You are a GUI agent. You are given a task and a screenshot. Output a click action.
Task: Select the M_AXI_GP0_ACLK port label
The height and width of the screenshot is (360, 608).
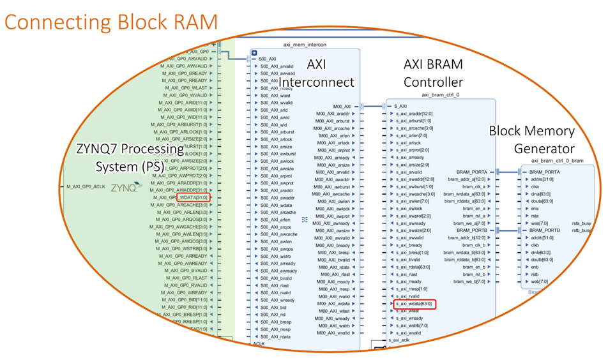coord(86,187)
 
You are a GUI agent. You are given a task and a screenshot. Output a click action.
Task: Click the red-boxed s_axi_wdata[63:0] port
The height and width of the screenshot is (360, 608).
coord(414,304)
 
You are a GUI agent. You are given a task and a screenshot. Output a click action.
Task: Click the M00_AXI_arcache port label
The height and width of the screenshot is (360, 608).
coord(333,128)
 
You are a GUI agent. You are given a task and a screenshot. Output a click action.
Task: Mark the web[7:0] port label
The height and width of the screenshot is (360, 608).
coord(538,281)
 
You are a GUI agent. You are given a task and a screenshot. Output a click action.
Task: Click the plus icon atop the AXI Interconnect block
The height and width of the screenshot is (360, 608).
coord(254,52)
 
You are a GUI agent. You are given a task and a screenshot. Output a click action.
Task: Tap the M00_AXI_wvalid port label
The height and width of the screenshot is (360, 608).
coord(333,333)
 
